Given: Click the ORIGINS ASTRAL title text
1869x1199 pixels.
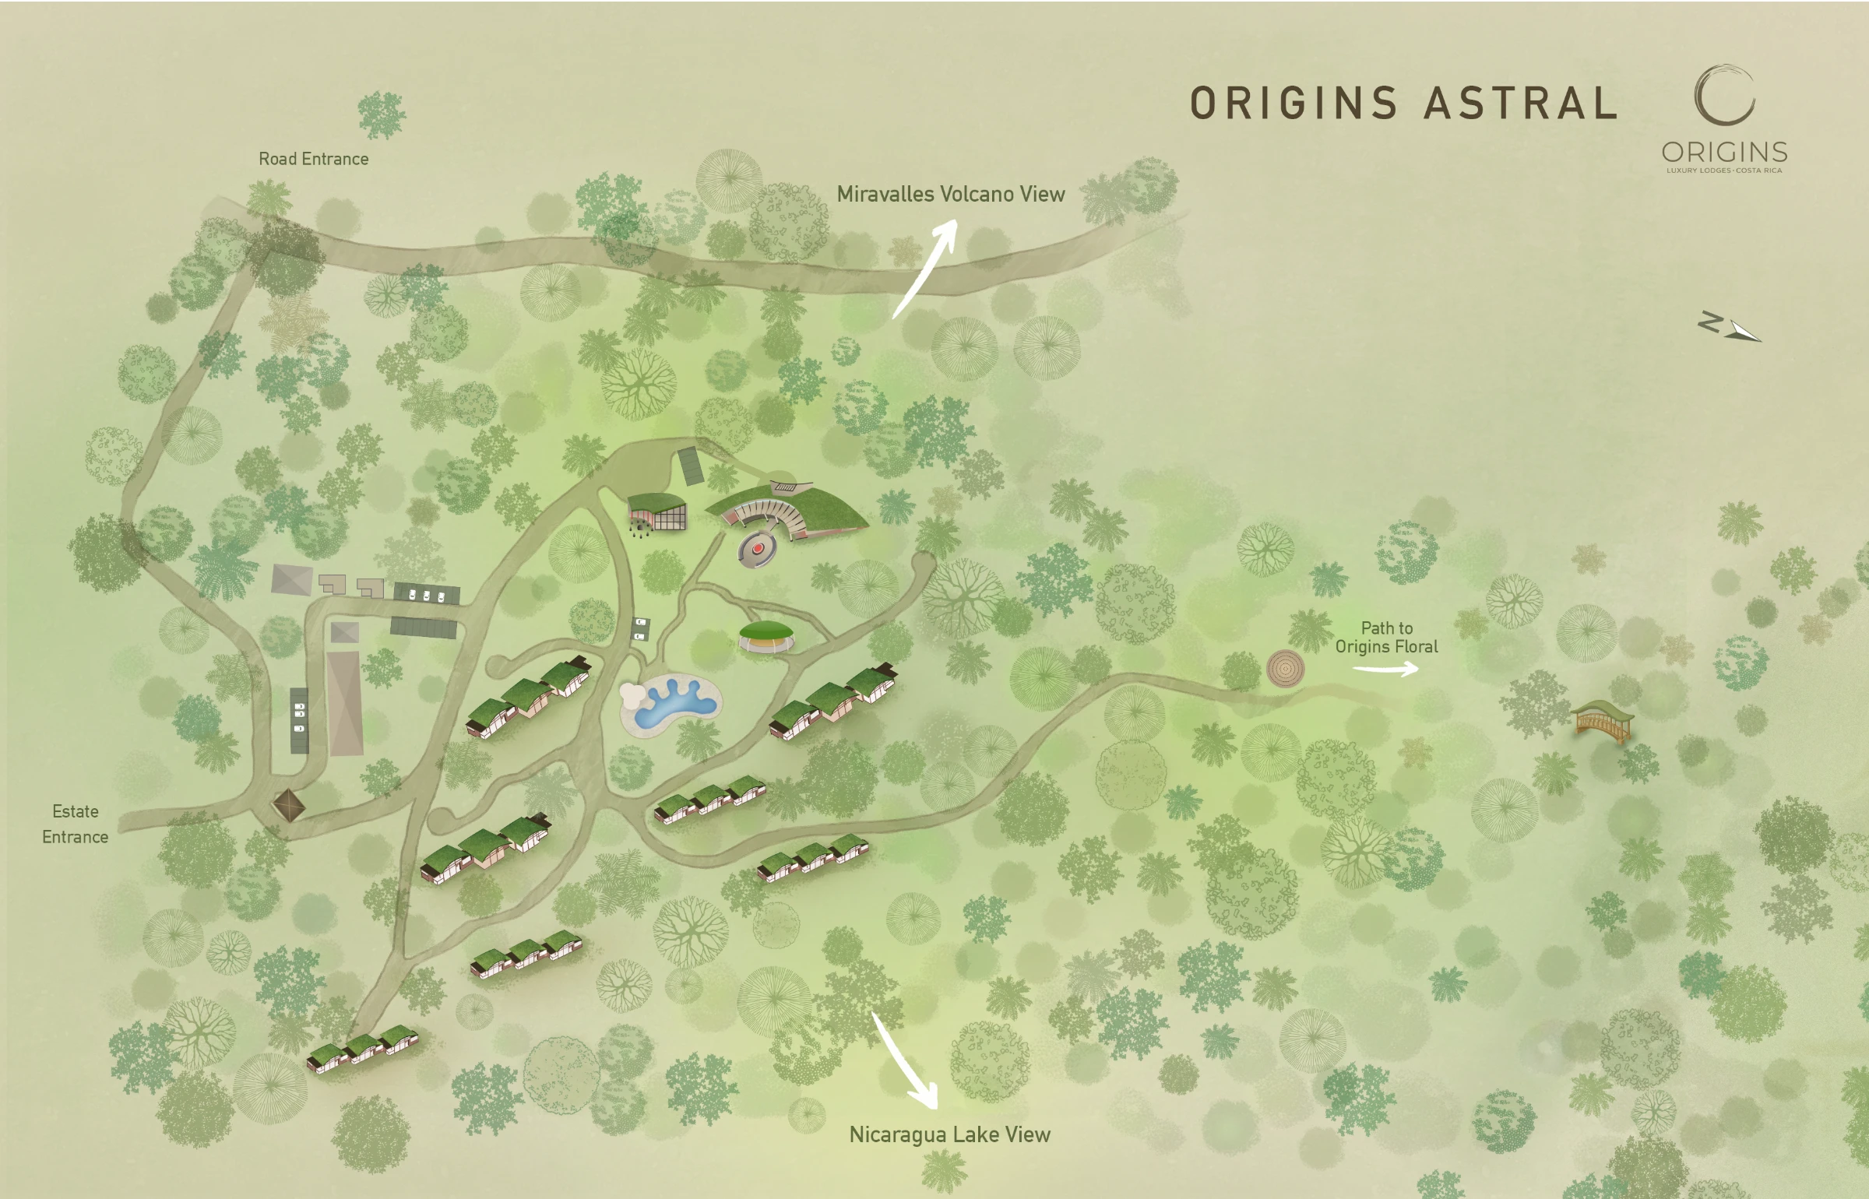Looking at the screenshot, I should click(1403, 104).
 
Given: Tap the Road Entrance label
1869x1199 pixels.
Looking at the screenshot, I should click(313, 159).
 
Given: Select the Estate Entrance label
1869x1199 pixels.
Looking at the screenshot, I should click(75, 824).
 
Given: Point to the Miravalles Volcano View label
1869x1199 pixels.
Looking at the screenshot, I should click(950, 194).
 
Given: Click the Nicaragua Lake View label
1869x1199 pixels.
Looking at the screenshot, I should click(949, 1134).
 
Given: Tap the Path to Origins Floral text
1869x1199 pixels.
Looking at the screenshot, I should click(1386, 637).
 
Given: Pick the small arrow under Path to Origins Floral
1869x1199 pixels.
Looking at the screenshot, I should click(1385, 669).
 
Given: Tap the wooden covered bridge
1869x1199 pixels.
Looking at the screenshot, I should click(1600, 719).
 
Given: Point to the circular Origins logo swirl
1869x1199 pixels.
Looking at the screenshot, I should click(1724, 95).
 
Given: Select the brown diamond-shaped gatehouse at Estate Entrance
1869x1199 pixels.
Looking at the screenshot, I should click(288, 805).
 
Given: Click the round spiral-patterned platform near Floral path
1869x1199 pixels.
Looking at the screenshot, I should click(1285, 668).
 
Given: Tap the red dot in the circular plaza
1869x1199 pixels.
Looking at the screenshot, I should click(757, 549).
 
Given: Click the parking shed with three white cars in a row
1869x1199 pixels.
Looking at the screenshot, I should click(426, 594).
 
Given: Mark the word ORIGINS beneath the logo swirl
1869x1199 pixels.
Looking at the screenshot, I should click(1724, 152).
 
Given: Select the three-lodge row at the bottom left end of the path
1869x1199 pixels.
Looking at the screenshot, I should click(363, 1048).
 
